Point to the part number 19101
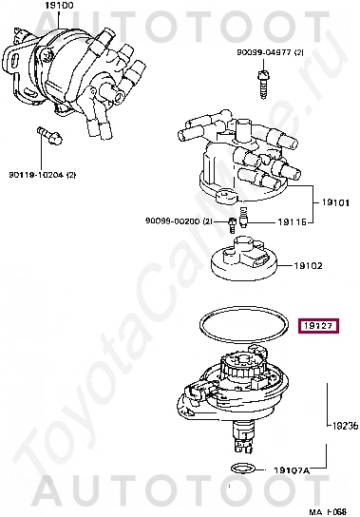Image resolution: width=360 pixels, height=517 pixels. (x=334, y=201)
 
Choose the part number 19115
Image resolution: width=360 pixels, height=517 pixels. (x=291, y=221)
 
